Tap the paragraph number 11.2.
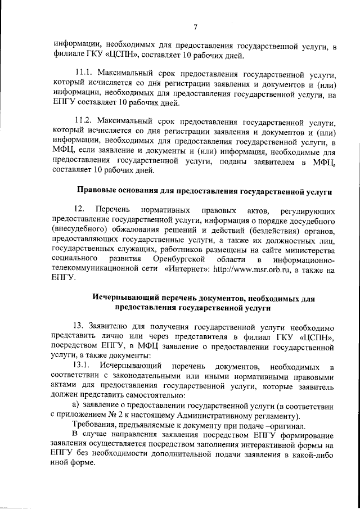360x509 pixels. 84,120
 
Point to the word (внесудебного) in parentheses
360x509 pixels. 79,230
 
